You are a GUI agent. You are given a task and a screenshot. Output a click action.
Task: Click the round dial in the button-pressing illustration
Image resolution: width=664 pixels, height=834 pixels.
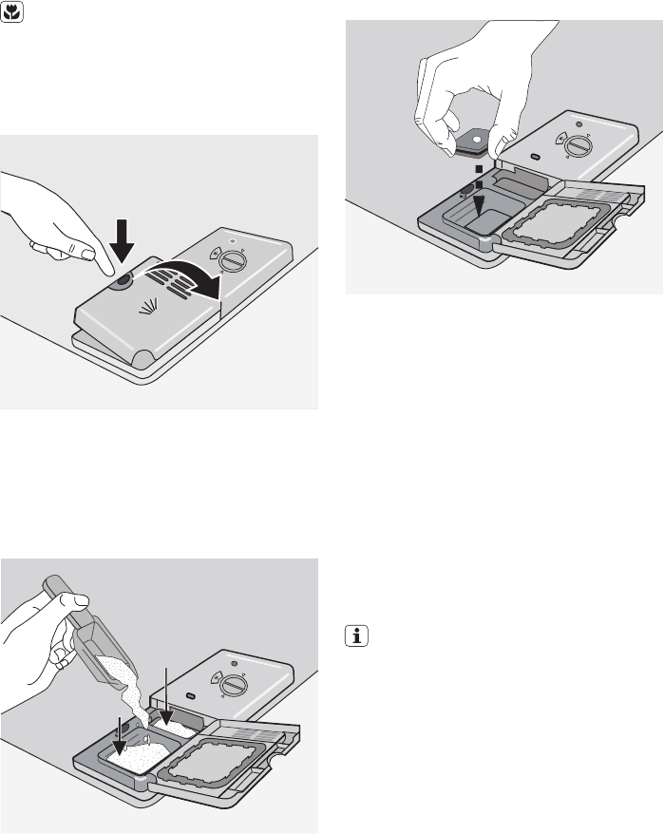click(x=229, y=261)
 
